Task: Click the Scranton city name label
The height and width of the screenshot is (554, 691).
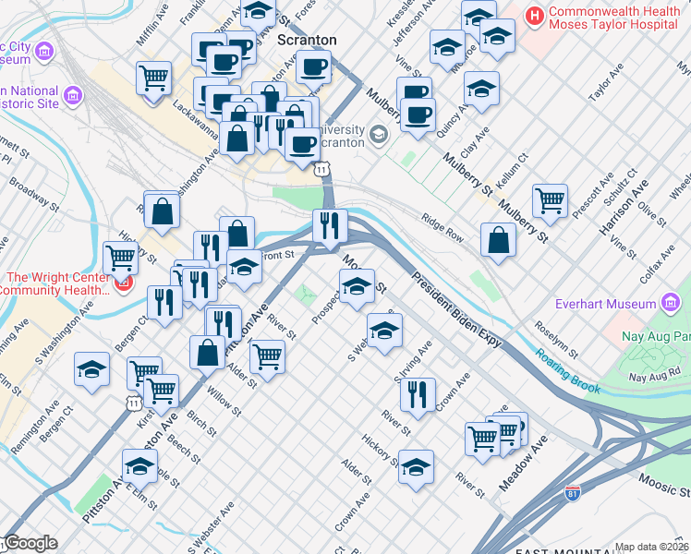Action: point(307,40)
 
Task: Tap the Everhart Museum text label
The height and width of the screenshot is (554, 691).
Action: point(604,304)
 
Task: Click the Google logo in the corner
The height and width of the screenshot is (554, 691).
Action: point(30,543)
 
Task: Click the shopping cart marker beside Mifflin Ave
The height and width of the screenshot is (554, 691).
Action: point(153,78)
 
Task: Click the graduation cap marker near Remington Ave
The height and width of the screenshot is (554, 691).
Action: point(92,370)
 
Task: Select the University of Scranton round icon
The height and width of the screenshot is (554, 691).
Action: point(378,137)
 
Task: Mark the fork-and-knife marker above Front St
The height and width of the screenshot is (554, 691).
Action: point(329,225)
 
